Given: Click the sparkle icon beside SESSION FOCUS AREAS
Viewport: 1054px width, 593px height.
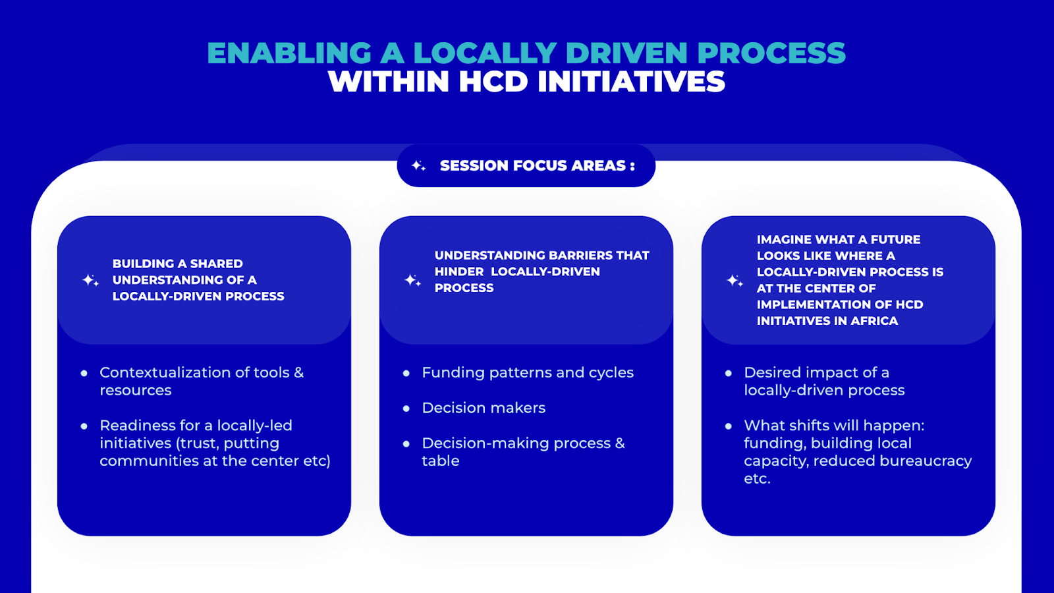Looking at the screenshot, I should click(x=418, y=165).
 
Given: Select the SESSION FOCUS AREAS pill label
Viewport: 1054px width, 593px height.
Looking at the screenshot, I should click(x=537, y=165).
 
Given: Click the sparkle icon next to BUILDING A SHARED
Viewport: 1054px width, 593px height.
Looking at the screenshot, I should click(x=90, y=280).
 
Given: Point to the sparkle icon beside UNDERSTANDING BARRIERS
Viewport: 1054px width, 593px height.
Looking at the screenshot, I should click(x=412, y=280).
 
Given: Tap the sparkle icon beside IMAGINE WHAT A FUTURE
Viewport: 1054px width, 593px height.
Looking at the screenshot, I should click(x=735, y=281).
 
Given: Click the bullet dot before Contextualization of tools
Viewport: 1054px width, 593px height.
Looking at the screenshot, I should click(x=84, y=373).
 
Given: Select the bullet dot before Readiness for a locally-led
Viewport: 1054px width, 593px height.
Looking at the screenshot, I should click(x=84, y=426).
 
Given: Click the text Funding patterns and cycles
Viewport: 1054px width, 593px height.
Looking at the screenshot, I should click(x=527, y=372).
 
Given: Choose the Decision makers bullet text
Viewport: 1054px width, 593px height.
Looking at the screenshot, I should click(x=484, y=408).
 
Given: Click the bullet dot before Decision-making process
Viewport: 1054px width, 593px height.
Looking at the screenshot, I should click(x=406, y=443).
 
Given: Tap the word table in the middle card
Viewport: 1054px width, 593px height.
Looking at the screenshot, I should click(x=440, y=461).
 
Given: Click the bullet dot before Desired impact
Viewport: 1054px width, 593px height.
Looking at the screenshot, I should click(x=729, y=373).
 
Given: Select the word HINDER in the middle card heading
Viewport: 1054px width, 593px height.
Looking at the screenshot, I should click(x=459, y=271).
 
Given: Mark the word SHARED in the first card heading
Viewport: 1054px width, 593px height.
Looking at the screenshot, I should click(x=216, y=264).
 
